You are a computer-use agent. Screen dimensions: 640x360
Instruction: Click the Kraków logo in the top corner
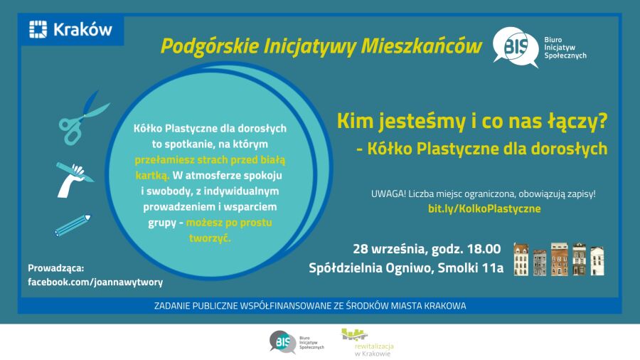(x=70, y=29)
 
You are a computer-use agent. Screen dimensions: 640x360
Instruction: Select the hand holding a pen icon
(x=74, y=179)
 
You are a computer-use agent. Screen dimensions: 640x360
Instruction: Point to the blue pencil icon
(x=73, y=225)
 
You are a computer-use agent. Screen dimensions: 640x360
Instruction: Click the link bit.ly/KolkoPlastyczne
(x=484, y=208)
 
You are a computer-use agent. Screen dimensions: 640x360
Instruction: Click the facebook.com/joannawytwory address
(x=95, y=282)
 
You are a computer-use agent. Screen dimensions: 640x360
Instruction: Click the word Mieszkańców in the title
(x=421, y=46)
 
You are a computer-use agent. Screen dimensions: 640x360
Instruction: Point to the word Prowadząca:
(x=56, y=268)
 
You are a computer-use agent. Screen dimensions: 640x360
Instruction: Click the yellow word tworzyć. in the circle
(x=210, y=238)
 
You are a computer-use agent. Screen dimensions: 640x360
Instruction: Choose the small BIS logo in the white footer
(x=297, y=342)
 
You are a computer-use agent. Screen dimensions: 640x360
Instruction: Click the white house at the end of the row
(x=597, y=260)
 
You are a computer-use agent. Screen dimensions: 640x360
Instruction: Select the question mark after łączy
(x=602, y=121)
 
